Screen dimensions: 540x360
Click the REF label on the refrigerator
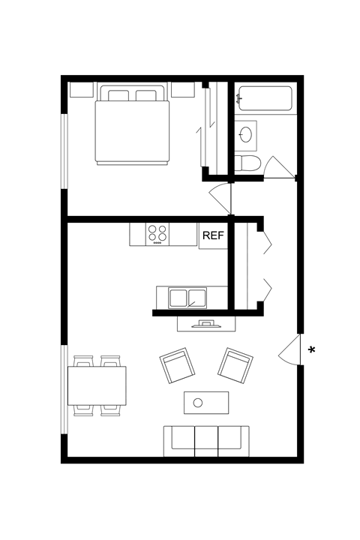click(212, 235)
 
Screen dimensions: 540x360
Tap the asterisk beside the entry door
click(311, 349)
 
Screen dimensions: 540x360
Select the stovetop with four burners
click(157, 234)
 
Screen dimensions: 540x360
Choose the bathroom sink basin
click(246, 135)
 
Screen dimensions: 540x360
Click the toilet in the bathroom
click(247, 164)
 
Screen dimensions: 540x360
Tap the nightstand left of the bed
click(81, 91)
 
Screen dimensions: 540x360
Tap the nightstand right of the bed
click(183, 91)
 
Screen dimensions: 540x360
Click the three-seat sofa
click(206, 441)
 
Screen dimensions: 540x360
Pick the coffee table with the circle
click(207, 403)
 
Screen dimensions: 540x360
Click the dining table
click(97, 385)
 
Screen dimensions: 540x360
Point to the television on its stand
click(207, 324)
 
